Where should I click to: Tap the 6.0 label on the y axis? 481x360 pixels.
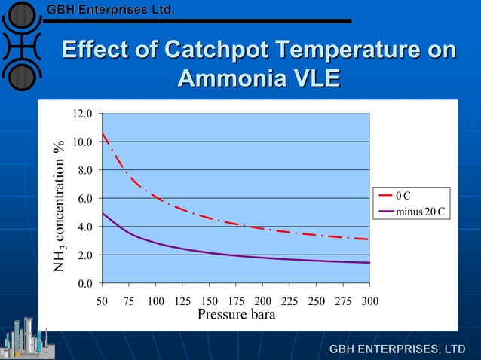coord(84,198)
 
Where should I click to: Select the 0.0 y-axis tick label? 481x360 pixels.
coord(84,283)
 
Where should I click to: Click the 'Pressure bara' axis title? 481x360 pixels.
coord(236,314)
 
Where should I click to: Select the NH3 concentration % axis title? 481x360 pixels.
coord(63,206)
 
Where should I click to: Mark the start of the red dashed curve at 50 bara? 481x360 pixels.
coord(102,133)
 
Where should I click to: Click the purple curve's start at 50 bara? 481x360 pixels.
coord(102,213)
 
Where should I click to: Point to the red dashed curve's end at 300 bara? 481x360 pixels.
coord(369,239)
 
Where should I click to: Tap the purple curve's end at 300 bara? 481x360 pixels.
coord(369,263)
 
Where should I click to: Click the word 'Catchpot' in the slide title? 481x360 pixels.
coord(219,50)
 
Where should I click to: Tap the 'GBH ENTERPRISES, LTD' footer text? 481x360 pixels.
coord(397,349)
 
